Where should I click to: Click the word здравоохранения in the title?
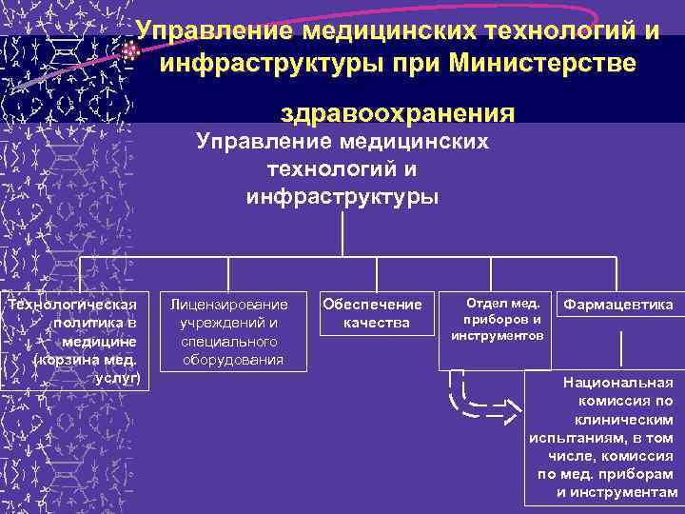point(399,113)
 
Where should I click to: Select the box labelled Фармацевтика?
point(618,306)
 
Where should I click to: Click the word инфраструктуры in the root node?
point(342,198)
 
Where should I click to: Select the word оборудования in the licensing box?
point(233,360)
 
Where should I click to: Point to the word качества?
point(377,324)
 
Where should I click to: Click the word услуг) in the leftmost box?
point(119,378)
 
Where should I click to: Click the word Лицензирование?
point(229,305)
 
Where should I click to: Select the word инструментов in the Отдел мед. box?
point(498,336)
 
